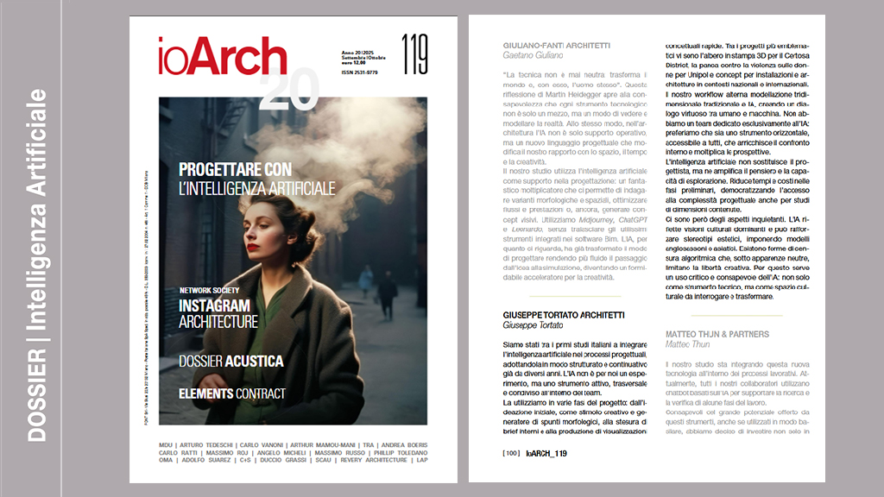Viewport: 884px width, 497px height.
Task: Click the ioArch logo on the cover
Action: click(x=222, y=57)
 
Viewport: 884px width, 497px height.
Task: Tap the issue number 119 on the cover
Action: click(x=414, y=54)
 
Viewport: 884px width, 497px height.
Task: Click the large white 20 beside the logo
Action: click(x=288, y=88)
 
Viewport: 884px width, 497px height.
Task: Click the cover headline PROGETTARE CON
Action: click(x=235, y=169)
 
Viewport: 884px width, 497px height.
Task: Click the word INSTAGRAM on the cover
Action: click(x=214, y=306)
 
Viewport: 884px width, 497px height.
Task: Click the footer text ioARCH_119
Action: click(x=546, y=453)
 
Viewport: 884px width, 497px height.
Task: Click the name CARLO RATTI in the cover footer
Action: click(x=180, y=453)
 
